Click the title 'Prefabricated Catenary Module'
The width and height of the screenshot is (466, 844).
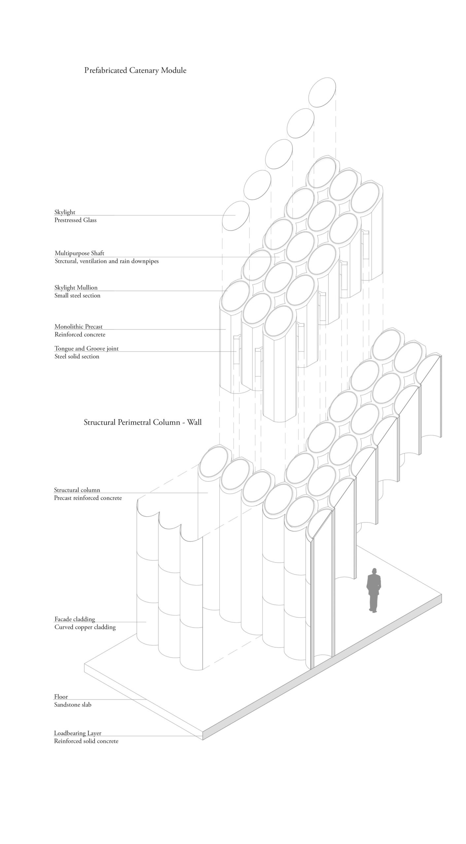[135, 70]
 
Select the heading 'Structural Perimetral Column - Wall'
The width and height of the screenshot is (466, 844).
[143, 422]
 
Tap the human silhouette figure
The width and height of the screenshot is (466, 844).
[374, 590]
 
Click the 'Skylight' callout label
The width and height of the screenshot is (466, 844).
[65, 212]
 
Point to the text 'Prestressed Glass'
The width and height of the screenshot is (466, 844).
[76, 220]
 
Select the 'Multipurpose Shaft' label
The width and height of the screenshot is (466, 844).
[80, 253]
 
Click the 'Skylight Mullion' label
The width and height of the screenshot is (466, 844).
[76, 287]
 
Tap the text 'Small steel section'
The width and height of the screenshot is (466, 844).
[78, 295]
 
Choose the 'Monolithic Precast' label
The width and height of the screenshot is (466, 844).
[79, 326]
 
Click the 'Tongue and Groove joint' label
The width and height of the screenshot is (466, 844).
[86, 348]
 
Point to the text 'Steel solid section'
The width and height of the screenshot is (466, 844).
[77, 356]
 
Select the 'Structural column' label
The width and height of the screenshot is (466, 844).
[77, 490]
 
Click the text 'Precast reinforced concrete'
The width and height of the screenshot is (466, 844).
[88, 498]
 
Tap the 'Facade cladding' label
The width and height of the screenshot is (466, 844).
[75, 619]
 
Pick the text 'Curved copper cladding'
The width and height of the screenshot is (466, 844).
[85, 627]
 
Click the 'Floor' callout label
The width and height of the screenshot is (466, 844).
[61, 697]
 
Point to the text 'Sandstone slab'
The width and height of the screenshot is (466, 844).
[73, 705]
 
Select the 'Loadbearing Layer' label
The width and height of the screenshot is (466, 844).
[78, 733]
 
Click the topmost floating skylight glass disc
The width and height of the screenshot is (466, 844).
[322, 92]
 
